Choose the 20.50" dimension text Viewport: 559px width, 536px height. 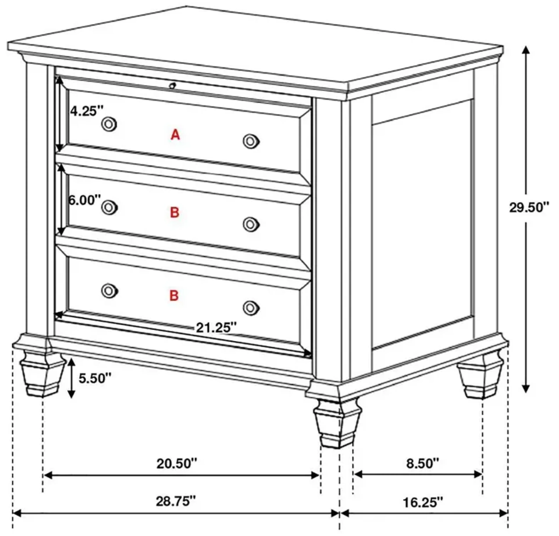click(177, 463)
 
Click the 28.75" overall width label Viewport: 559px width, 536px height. click(176, 501)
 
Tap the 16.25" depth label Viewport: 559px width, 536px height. click(423, 502)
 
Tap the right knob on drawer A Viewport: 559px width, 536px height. click(251, 141)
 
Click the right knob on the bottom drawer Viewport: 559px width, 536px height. click(251, 308)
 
